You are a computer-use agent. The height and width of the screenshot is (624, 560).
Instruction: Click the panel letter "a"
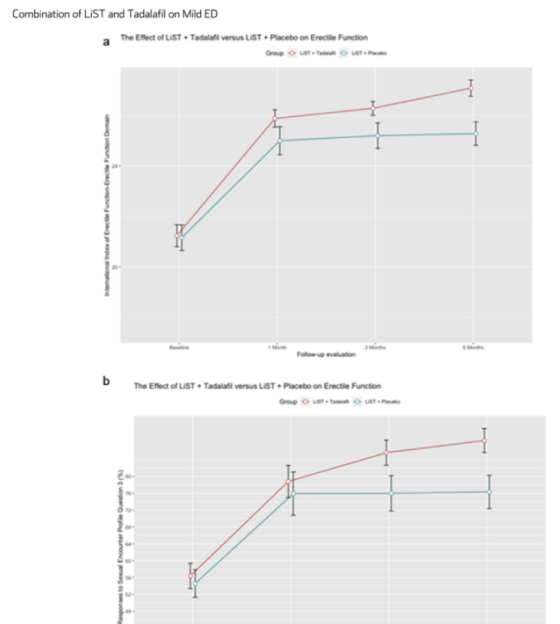(105, 42)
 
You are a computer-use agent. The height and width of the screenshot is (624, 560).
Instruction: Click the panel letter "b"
(106, 382)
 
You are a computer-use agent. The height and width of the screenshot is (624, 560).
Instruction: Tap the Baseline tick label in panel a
(179, 346)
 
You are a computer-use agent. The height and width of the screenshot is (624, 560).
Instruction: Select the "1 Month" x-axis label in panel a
(277, 346)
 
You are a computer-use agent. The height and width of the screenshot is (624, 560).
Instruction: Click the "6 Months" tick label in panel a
(474, 346)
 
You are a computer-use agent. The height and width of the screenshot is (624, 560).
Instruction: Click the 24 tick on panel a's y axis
(115, 166)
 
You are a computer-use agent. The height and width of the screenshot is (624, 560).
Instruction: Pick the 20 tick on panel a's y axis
(115, 267)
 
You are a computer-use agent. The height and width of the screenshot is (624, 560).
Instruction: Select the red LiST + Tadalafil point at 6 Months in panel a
(472, 88)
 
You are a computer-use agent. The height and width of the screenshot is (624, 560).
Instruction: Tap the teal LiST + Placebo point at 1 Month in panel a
(280, 140)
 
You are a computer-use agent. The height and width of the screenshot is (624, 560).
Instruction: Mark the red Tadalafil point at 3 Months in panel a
(373, 108)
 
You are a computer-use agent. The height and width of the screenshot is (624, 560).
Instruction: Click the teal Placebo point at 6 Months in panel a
(475, 133)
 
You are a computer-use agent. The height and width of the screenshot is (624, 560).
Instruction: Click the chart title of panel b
(256, 386)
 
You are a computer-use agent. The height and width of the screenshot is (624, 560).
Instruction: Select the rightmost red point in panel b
(484, 441)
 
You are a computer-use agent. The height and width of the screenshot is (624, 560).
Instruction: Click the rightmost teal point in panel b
(489, 492)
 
